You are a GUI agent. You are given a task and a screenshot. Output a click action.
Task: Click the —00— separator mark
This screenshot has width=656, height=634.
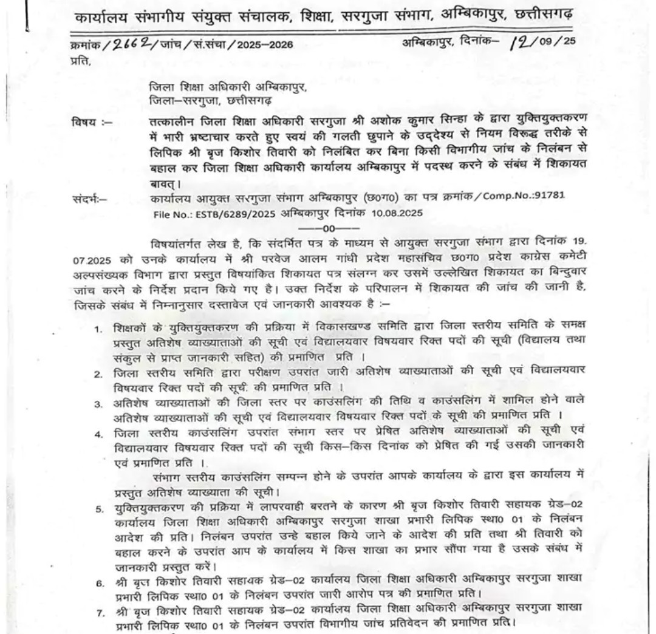[333, 228]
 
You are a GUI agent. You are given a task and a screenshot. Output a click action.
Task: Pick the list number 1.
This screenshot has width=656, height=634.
[98, 329]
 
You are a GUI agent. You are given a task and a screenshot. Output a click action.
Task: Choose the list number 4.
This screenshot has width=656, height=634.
[98, 434]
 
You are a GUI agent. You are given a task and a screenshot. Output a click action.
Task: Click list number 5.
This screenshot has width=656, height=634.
[98, 508]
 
